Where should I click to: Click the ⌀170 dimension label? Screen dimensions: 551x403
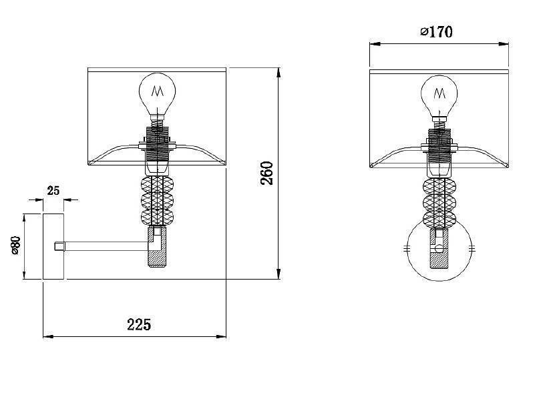[436, 31]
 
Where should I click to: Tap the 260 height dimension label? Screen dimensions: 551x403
[267, 173]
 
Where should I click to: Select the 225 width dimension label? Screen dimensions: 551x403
[139, 324]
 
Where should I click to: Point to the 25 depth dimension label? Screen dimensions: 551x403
[53, 191]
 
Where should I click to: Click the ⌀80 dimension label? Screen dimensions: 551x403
[16, 246]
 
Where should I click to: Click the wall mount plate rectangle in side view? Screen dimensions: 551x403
[53, 246]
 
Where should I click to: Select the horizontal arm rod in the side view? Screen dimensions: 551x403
[106, 246]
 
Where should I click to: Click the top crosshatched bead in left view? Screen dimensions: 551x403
[157, 185]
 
